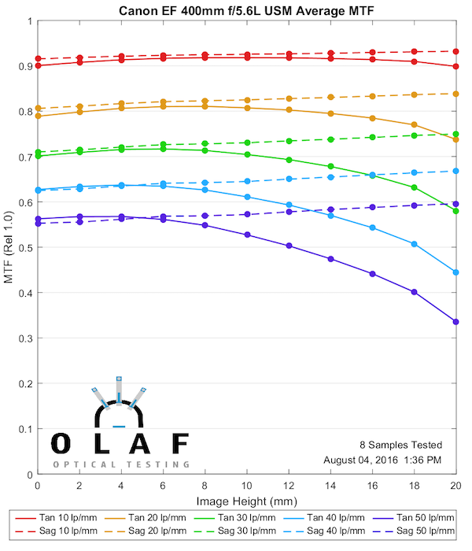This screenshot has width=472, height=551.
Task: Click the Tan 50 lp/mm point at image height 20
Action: [x=455, y=321]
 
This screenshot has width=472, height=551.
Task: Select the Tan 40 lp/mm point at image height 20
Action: [x=455, y=272]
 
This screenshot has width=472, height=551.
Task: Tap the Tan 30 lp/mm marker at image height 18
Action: [x=414, y=187]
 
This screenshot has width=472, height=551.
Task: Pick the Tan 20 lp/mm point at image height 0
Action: [x=38, y=116]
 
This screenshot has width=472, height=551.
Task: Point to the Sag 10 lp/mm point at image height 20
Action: [x=455, y=51]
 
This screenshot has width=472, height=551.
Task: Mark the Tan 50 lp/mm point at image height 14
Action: [x=330, y=259]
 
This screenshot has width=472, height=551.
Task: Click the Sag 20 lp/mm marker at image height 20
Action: [x=455, y=94]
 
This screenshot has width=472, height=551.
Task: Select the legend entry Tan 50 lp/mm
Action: [x=413, y=518]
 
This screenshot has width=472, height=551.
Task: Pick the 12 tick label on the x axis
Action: [x=289, y=487]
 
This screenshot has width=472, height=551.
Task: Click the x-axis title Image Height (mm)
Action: [x=246, y=501]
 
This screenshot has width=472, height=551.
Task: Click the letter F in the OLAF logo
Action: [x=180, y=444]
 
